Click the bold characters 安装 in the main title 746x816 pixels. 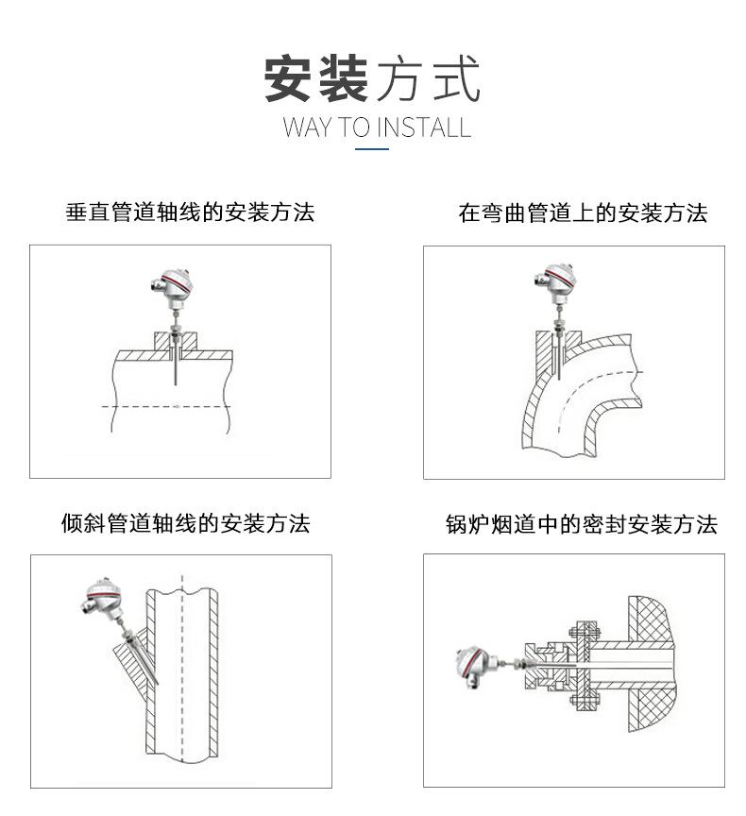[315, 79]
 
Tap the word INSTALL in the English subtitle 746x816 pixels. [424, 127]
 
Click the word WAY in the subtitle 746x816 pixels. [303, 127]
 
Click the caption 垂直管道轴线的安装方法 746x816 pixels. [190, 212]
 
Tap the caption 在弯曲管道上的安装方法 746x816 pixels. [583, 212]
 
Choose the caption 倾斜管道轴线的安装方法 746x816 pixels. [185, 522]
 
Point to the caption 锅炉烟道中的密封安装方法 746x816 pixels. [582, 524]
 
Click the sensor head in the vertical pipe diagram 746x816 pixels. [173, 283]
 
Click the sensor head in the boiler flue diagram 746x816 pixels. [471, 665]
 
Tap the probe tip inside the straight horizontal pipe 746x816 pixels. [177, 378]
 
